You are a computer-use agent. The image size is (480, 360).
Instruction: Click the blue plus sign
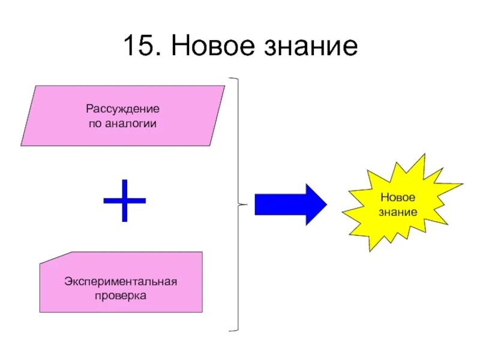coord(125,200)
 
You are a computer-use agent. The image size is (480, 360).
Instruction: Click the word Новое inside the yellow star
coord(398,197)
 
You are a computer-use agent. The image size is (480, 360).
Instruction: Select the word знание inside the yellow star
coord(398,212)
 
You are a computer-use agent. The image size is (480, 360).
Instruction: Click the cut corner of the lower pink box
coord(52,257)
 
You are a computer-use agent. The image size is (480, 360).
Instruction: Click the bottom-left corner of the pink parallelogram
coord(22,145)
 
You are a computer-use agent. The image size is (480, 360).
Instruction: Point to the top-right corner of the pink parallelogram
coord(224,86)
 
